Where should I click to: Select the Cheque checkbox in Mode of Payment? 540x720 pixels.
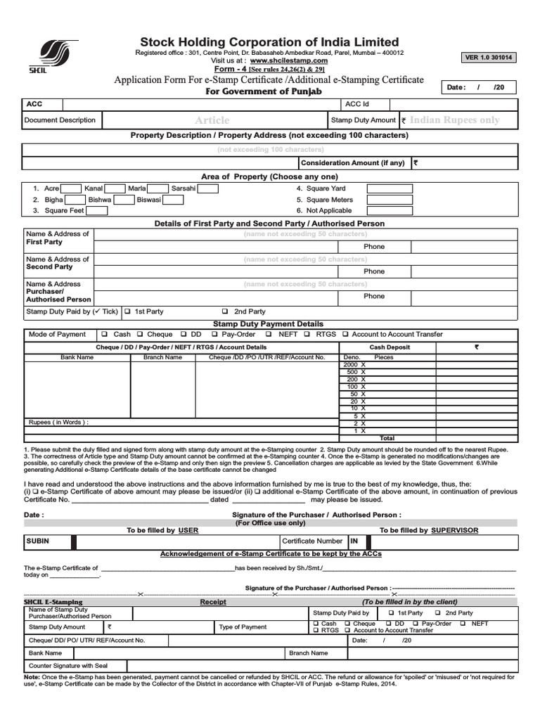pyautogui.click(x=140, y=335)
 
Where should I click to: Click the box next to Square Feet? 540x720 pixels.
pyautogui.click(x=97, y=210)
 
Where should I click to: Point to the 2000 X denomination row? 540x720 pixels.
pyautogui.click(x=354, y=365)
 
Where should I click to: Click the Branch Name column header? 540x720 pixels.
pyautogui.click(x=162, y=357)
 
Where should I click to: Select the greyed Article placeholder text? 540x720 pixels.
pyautogui.click(x=212, y=120)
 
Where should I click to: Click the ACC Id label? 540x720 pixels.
pyautogui.click(x=358, y=104)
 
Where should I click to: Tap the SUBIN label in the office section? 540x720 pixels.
pyautogui.click(x=38, y=541)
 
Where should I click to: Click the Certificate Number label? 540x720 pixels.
pyautogui.click(x=312, y=541)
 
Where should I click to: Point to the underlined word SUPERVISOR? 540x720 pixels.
pyautogui.click(x=455, y=529)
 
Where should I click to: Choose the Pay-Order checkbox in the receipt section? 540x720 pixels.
pyautogui.click(x=416, y=624)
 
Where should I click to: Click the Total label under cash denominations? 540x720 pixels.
pyautogui.click(x=387, y=438)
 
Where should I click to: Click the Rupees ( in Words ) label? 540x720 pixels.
pyautogui.click(x=58, y=423)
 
